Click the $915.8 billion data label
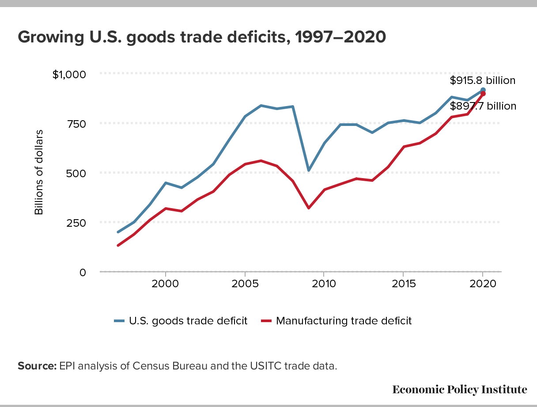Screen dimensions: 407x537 pos(483,80)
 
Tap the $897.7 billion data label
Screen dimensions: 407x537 pos(483,106)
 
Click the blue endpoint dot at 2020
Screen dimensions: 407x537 pos(483,90)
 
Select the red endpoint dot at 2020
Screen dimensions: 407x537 pos(483,94)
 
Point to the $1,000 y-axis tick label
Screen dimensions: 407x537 pos(68,74)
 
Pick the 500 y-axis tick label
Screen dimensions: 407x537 pos(76,173)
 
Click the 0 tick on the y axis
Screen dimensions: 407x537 pos(83,272)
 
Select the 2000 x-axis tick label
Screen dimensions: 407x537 pos(165,283)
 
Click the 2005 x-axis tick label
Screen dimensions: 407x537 pos(245,283)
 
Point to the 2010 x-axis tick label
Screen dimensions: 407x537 pos(324,283)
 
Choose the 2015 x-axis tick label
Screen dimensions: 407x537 pos(403,283)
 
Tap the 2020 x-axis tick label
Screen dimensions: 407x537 pos(483,283)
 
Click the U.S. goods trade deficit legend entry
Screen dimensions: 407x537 pos(181,321)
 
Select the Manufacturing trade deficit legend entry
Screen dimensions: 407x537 pos(336,321)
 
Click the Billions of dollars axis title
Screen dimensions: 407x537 pos(39,172)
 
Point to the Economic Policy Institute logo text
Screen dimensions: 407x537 pos(459,389)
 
